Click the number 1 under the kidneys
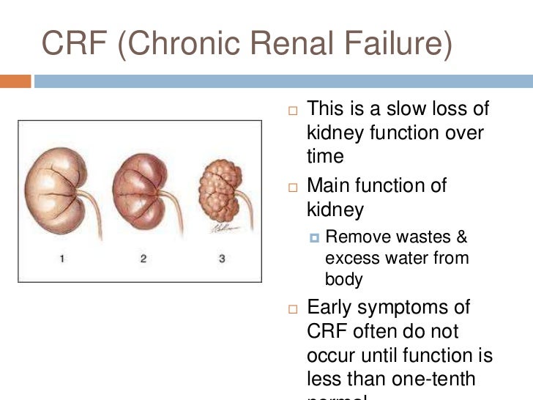tap(62, 258)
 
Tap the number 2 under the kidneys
tap(143, 258)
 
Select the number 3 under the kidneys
tap(222, 258)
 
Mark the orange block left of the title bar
tap(15, 82)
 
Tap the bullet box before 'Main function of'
tap(294, 188)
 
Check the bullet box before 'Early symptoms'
tap(294, 308)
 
